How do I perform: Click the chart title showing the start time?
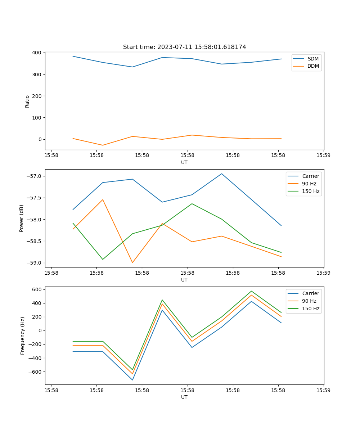pos(184,47)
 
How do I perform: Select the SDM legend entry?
pos(313,59)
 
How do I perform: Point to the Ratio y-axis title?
pos(27,101)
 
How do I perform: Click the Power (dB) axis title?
pos(22,218)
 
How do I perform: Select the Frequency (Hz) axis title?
pos(23,336)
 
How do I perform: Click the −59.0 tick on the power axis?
pos(34,263)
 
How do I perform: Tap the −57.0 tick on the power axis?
pos(34,176)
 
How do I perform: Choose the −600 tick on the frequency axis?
pos(36,372)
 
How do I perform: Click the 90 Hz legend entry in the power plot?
pos(309,184)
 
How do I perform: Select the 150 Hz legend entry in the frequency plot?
pos(311,309)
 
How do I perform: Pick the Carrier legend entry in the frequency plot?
pos(310,293)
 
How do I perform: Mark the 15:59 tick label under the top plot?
pos(323,156)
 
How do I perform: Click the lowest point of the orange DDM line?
pos(103,145)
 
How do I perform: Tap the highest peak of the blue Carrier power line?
pos(222,174)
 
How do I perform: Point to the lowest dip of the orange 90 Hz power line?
pos(132,262)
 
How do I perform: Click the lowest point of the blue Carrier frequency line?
pos(132,380)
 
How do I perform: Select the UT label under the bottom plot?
pos(184,397)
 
